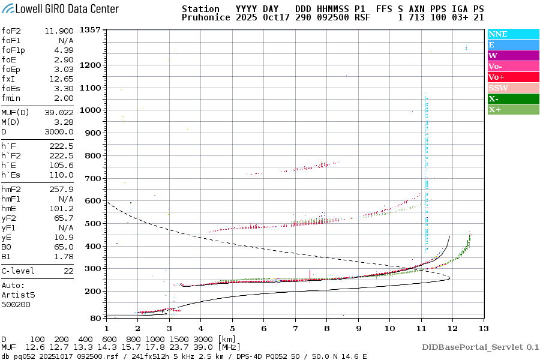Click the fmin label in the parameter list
[11, 98]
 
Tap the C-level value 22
[67, 271]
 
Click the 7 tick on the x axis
[295, 328]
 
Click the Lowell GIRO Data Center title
[60, 9]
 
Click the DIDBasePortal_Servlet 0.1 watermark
[480, 347]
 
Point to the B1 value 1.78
[64, 256]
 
